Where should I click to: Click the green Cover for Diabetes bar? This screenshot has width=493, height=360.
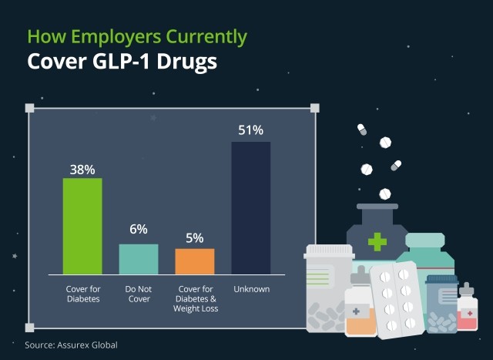coord(82,226)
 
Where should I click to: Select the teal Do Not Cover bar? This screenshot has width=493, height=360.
coord(139,259)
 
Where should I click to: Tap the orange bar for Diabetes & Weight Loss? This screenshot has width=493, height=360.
coord(195,261)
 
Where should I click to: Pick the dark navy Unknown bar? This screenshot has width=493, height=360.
coord(251,207)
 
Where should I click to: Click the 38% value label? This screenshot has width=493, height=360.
coord(82,167)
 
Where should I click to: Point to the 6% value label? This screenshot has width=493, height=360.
coord(139,229)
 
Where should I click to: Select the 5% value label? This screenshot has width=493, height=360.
coord(195,237)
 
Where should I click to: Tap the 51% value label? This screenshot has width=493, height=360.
coord(251,130)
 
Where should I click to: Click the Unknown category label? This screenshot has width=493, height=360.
coord(251,290)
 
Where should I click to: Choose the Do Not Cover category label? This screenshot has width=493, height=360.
coord(139,294)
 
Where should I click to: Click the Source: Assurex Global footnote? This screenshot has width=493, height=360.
coord(71,345)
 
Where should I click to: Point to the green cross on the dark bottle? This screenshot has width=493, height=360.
coord(377,242)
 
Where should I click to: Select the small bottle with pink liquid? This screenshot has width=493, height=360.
coord(467,311)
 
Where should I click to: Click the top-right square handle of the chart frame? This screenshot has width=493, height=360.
coord(314,108)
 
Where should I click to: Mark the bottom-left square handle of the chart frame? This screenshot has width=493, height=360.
coord(30,327)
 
